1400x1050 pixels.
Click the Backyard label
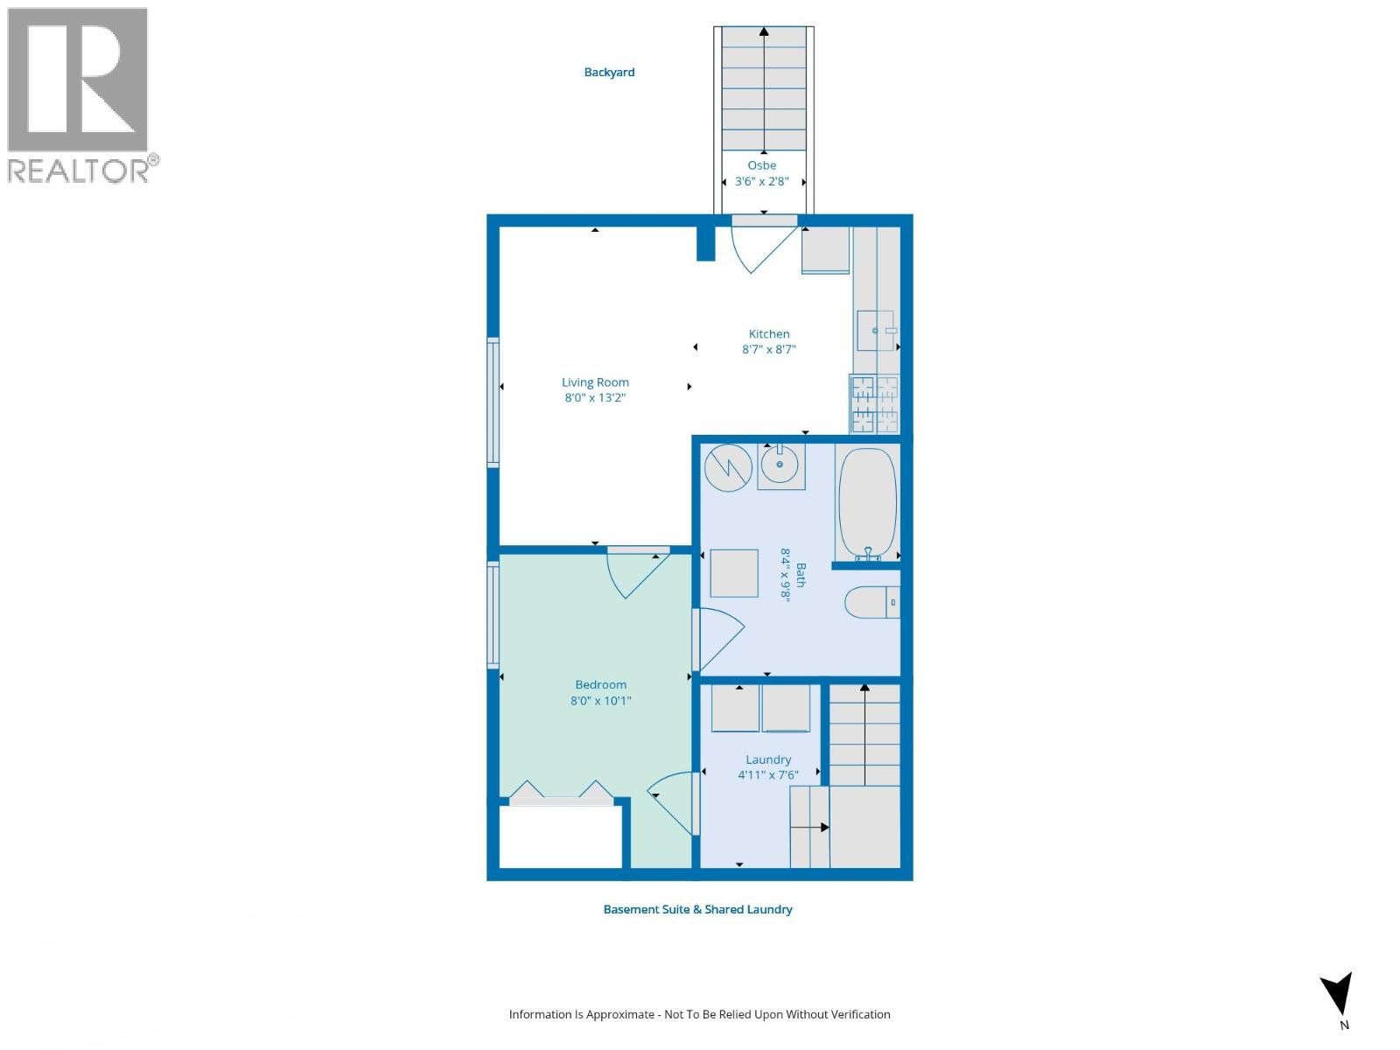609,73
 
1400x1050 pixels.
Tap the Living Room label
595,382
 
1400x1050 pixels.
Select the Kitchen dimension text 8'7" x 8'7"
768,349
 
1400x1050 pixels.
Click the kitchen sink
876,331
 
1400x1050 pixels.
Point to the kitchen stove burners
875,404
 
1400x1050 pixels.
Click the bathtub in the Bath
867,503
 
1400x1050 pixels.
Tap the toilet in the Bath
871,602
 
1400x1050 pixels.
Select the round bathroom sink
780,465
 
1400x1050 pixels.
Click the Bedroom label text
600,685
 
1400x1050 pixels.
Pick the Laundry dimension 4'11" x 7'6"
767,775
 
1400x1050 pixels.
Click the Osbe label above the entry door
761,165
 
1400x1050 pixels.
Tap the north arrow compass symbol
1339,996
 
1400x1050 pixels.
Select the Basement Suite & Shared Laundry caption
697,910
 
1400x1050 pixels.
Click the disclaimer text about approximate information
699,1015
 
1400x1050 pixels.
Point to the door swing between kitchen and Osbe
759,245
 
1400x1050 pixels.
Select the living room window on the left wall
493,402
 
